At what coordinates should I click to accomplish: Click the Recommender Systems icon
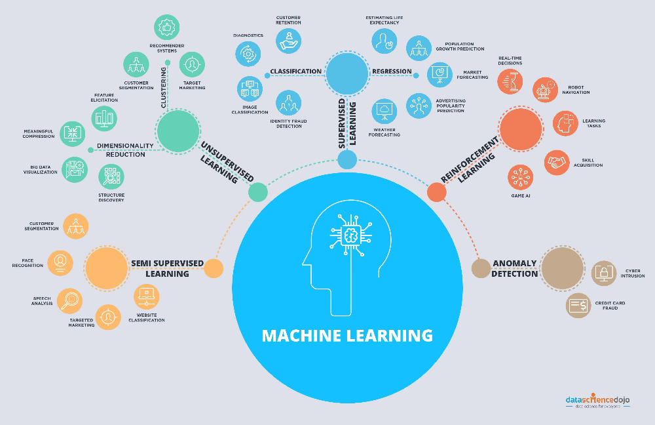coord(167,28)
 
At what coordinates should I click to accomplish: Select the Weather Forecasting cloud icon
coord(385,111)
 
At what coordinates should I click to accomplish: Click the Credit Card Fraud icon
coord(579,305)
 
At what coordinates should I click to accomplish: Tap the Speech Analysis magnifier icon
coord(69,301)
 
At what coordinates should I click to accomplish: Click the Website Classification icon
coord(146,297)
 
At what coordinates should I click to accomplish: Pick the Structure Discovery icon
coord(111,176)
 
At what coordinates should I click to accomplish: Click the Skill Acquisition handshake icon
coord(557,163)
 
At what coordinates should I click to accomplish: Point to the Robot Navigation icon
coord(545,90)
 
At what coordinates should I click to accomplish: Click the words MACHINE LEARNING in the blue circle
coord(347,336)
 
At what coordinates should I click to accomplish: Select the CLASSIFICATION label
coord(296,71)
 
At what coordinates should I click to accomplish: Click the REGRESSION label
coord(392,71)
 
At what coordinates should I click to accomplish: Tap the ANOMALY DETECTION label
coord(514,268)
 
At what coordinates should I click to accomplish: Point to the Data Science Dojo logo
coord(600,401)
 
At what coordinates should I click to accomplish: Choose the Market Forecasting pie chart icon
coord(440,74)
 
